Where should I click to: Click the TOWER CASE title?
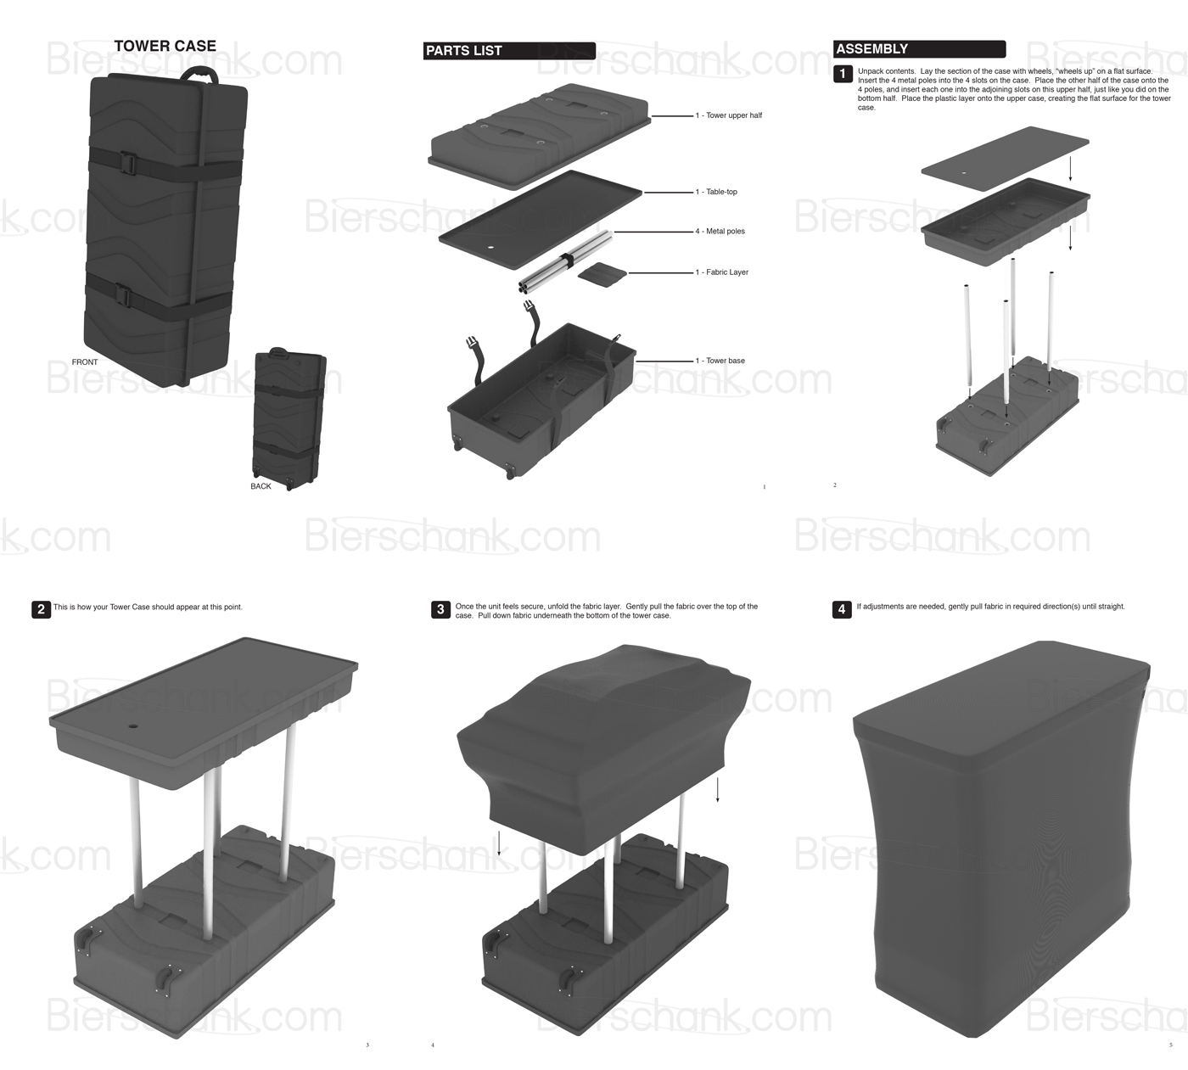(165, 46)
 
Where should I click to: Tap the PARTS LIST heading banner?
(509, 51)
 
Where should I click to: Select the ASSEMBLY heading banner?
(919, 49)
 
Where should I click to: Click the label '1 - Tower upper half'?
(728, 115)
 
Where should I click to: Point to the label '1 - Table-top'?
(716, 192)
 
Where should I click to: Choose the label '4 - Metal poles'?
(720, 231)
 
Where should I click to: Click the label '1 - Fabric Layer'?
(721, 272)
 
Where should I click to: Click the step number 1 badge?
(843, 75)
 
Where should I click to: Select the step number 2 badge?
(41, 609)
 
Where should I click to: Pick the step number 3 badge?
(440, 609)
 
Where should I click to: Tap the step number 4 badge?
(842, 609)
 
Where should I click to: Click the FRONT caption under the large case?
(85, 362)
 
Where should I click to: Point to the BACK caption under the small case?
(261, 486)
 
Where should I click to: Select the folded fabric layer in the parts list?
(602, 272)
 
